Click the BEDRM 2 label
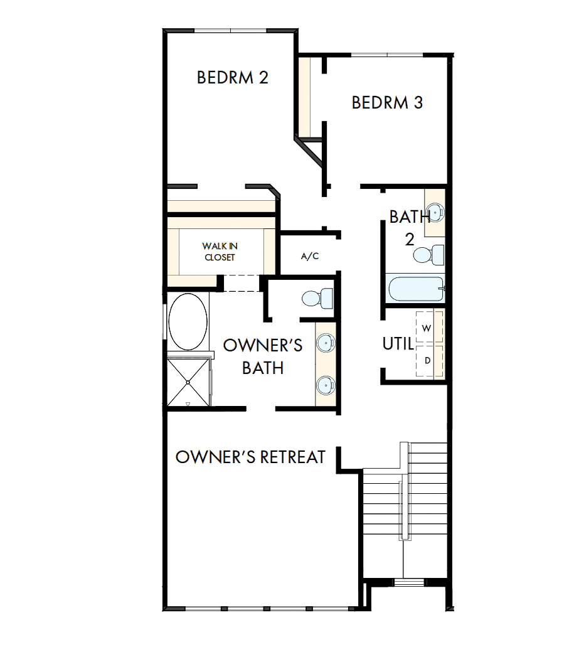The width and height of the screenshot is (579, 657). pyautogui.click(x=233, y=78)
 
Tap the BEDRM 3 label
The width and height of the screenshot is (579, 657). pyautogui.click(x=387, y=102)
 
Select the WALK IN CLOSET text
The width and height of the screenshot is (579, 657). pyautogui.click(x=220, y=252)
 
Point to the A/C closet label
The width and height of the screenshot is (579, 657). pyautogui.click(x=310, y=256)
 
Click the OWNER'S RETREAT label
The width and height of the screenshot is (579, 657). pyautogui.click(x=250, y=457)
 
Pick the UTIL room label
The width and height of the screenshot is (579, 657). pyautogui.click(x=398, y=344)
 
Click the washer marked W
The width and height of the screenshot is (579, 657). pyautogui.click(x=427, y=328)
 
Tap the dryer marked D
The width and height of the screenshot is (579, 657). pyautogui.click(x=427, y=361)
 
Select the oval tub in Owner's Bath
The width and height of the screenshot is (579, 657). pyautogui.click(x=188, y=321)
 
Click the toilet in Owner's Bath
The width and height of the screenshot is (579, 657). pyautogui.click(x=317, y=297)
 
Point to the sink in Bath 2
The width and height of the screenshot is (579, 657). pyautogui.click(x=435, y=213)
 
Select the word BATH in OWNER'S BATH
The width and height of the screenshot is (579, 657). pyautogui.click(x=263, y=368)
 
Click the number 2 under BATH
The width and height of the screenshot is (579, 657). pyautogui.click(x=410, y=239)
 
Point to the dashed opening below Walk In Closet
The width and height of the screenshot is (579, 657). pyautogui.click(x=243, y=283)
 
